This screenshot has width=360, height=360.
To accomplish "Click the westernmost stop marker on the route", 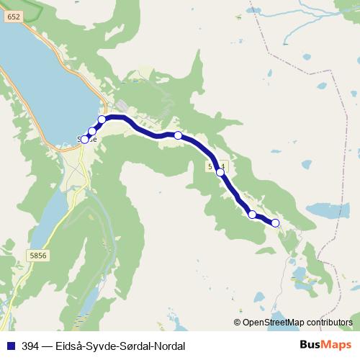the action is point(85,140).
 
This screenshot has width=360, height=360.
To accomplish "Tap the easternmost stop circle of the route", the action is point(275,223).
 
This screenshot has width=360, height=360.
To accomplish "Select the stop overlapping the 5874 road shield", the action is point(220,173).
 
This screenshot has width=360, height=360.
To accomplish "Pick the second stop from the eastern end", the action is point(252,214).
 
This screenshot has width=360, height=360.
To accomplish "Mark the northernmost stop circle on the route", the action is point(102,119).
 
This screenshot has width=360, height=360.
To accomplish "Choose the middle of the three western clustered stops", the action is point(92,131).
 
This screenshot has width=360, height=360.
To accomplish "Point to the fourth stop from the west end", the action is point(178,135).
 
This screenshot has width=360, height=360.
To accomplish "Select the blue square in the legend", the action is point(9,346).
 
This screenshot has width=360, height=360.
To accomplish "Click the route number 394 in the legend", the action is point(30,346).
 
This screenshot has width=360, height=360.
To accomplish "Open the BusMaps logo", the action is point(325,346).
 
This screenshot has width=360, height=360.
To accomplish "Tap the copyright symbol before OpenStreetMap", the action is point(237,322).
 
